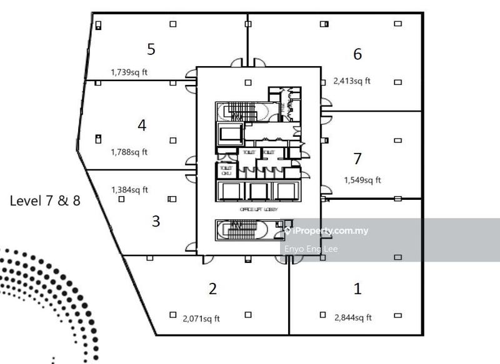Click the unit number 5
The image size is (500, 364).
click(151, 49)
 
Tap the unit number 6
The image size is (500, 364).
click(357, 54)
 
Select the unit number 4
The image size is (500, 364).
click(142, 125)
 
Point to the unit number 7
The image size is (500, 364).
click(357, 159)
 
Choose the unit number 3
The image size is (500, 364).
click(156, 221)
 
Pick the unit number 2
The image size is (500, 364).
click(212, 288)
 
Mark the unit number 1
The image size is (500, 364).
click(357, 288)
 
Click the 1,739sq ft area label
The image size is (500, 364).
click(129, 72)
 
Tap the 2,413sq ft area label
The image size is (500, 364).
click(352, 81)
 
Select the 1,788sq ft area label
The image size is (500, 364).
click(129, 152)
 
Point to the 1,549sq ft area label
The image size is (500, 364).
click(362, 180)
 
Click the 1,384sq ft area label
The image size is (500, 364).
click(129, 190)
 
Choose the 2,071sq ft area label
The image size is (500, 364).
click(201, 318)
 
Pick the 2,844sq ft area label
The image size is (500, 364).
click(353, 318)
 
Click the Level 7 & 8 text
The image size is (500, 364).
click(45, 201)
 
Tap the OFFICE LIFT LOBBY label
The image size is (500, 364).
click(258, 210)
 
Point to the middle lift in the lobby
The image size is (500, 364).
click(258, 190)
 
